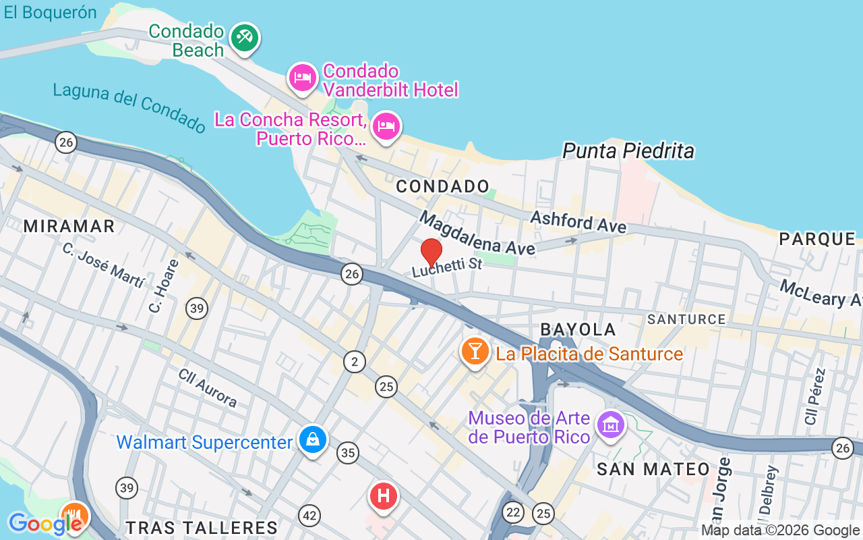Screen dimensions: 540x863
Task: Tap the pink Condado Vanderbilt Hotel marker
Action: [302, 78]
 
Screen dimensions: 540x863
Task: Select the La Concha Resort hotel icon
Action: [386, 126]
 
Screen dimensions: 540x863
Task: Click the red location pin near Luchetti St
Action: [431, 252]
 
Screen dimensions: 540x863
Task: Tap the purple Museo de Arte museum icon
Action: [611, 425]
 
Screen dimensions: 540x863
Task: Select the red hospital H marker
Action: [384, 496]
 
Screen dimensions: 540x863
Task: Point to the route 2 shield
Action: [354, 362]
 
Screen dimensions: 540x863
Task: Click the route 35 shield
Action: [348, 452]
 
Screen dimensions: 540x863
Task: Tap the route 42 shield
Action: [309, 516]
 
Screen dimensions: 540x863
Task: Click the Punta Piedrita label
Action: [628, 151]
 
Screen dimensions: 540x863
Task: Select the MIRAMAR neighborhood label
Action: [69, 226]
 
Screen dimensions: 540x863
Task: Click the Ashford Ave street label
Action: [578, 221]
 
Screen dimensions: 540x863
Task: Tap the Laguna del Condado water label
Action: [129, 107]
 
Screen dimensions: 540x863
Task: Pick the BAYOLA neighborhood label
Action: [578, 329]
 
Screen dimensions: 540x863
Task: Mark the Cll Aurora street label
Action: [208, 388]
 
